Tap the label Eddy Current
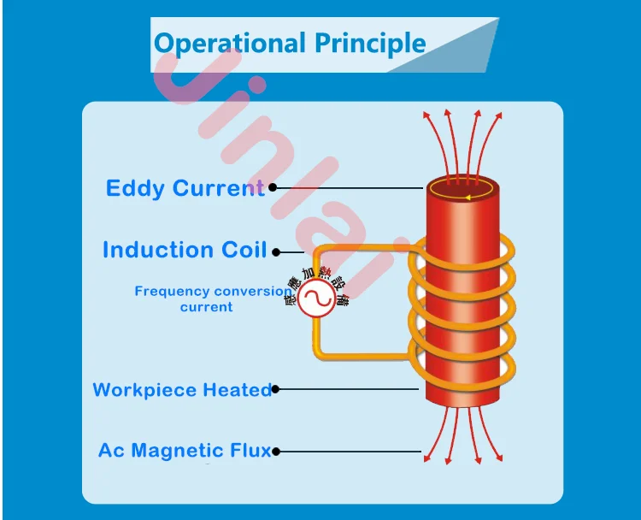tap(185, 188)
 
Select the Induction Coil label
tap(185, 250)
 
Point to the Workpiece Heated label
tap(181, 390)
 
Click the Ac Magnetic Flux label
tap(184, 450)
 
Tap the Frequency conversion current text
tap(212, 298)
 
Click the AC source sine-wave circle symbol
tap(315, 300)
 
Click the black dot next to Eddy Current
tap(273, 186)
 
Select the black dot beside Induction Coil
tap(275, 251)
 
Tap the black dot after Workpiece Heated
tap(275, 389)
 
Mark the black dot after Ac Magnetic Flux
tap(276, 451)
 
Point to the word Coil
tap(244, 250)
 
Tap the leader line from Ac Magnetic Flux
tap(350, 451)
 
